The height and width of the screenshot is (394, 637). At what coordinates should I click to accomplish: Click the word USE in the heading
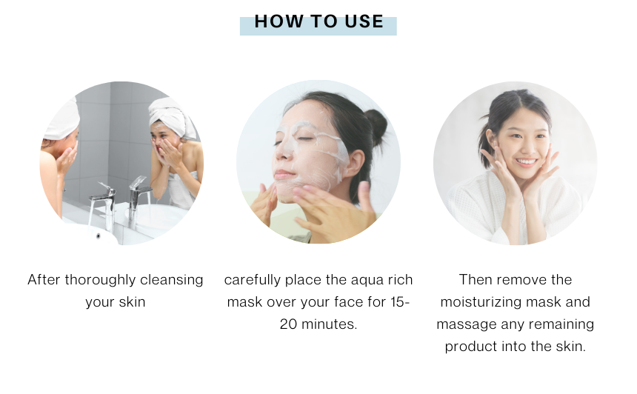(x=364, y=21)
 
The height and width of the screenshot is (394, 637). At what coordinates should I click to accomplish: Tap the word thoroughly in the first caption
(x=100, y=280)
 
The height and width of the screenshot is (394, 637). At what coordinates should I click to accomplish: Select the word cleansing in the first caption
(x=171, y=280)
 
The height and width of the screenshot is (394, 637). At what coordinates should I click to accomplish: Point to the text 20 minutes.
(x=318, y=324)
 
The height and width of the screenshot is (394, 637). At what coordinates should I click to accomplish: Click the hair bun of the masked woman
(x=377, y=124)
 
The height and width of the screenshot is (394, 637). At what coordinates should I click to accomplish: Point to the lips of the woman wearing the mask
(x=284, y=175)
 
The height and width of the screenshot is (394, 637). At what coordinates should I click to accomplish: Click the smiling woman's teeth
(x=527, y=161)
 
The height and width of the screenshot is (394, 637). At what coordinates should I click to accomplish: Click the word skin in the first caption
(x=133, y=302)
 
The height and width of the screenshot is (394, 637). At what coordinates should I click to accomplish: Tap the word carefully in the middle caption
(x=253, y=280)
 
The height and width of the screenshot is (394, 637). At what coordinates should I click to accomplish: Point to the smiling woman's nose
(x=527, y=149)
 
